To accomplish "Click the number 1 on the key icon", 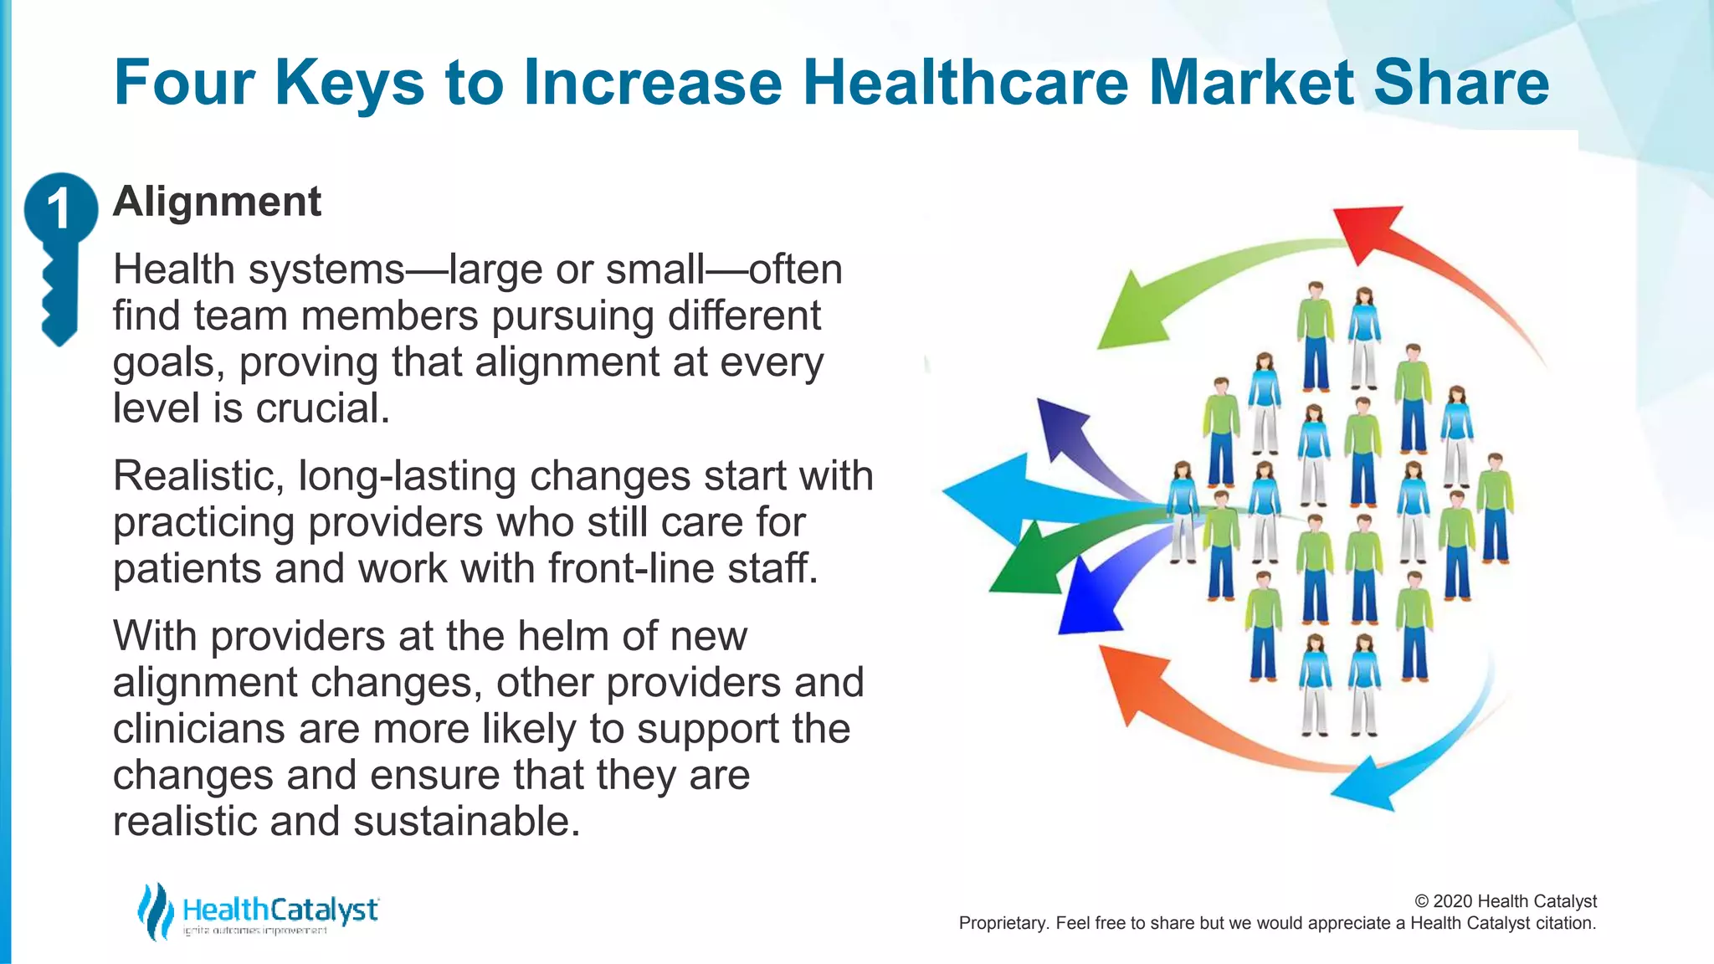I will (59, 208).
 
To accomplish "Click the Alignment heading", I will (217, 202).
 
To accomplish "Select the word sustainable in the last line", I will (465, 821).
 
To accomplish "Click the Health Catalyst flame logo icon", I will (156, 911).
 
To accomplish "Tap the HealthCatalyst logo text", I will (280, 910).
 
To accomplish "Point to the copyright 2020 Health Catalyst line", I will (1505, 901).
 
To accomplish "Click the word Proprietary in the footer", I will (1002, 923).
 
